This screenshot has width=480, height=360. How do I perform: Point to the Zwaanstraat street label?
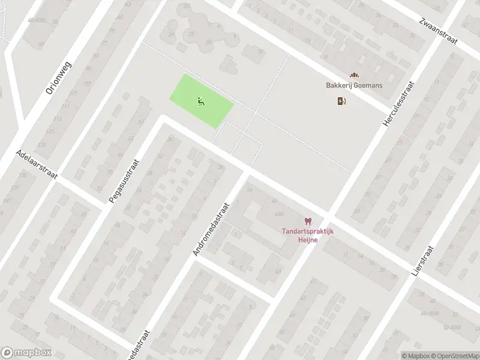pyautogui.click(x=438, y=29)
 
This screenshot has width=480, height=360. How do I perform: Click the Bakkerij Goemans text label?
pyautogui.click(x=354, y=86)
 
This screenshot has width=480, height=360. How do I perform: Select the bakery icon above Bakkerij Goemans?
pyautogui.click(x=354, y=76)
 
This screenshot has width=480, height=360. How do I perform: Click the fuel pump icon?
pyautogui.click(x=342, y=101)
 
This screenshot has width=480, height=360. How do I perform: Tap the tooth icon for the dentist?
pyautogui.click(x=308, y=222)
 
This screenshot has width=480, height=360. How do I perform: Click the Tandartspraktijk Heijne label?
pyautogui.click(x=308, y=236)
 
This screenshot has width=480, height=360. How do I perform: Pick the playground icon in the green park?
pyautogui.click(x=201, y=101)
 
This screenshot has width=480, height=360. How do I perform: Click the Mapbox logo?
pyautogui.click(x=25, y=352)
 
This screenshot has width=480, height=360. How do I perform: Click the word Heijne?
pyautogui.click(x=308, y=240)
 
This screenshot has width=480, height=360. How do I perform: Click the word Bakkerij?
pyautogui.click(x=339, y=86)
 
